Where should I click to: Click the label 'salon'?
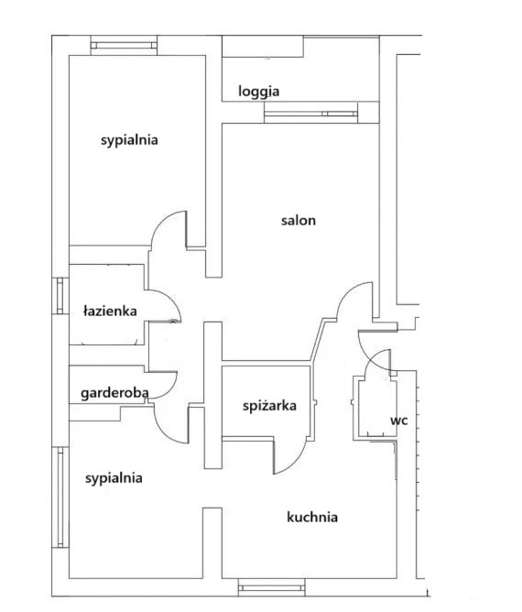[299, 221]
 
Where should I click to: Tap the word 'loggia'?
[258, 92]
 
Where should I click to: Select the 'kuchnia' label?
[312, 517]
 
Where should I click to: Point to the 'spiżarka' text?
[269, 406]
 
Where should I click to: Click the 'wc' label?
[399, 421]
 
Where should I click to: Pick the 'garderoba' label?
[114, 393]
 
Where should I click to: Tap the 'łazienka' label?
[110, 311]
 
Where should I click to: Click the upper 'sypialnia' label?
[129, 140]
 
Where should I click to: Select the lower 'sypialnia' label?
[114, 478]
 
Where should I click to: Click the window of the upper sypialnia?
[124, 46]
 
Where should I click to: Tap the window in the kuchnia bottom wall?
[271, 588]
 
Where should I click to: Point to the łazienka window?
[60, 296]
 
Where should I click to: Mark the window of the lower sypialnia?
[60, 497]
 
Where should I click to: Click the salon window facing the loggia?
[310, 114]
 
